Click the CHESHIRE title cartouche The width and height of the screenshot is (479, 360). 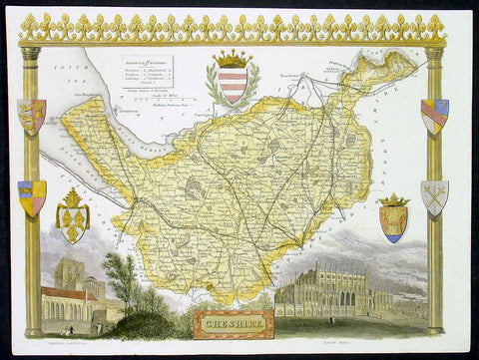(225, 322)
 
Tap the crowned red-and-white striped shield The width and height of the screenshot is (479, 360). (231, 78)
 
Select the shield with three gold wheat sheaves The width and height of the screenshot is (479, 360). (76, 215)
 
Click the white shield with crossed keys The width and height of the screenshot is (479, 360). (435, 196)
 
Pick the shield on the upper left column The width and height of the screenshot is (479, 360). (32, 117)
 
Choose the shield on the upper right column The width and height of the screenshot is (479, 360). (435, 116)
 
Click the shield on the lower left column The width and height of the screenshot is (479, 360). (32, 196)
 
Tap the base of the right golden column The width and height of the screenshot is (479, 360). (435, 328)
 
